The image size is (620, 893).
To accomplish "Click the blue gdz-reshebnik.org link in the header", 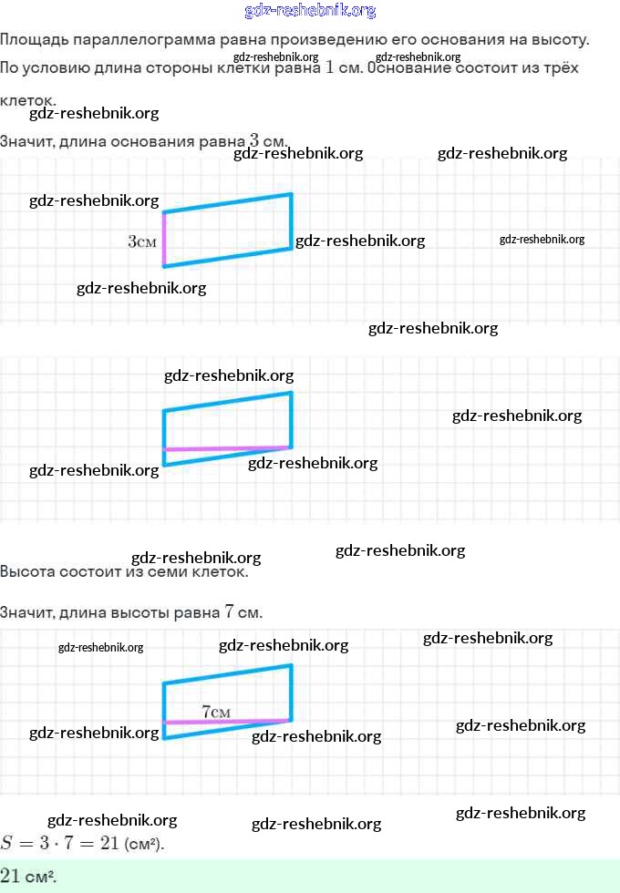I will [310, 11].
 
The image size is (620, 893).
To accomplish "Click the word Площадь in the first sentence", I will [32, 40].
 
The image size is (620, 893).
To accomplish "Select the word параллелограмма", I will [130, 40].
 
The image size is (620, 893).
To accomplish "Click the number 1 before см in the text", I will [329, 68].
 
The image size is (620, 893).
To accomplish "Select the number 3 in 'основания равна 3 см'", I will [253, 141].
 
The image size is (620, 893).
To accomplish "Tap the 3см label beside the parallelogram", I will [142, 241].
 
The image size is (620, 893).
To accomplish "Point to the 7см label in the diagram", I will [216, 711].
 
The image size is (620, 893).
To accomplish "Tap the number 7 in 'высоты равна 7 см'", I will [228, 612].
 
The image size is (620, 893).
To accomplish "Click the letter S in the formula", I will [8, 843].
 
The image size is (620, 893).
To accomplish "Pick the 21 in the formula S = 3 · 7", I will [109, 843].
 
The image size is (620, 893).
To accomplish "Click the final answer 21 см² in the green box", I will [28, 876].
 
